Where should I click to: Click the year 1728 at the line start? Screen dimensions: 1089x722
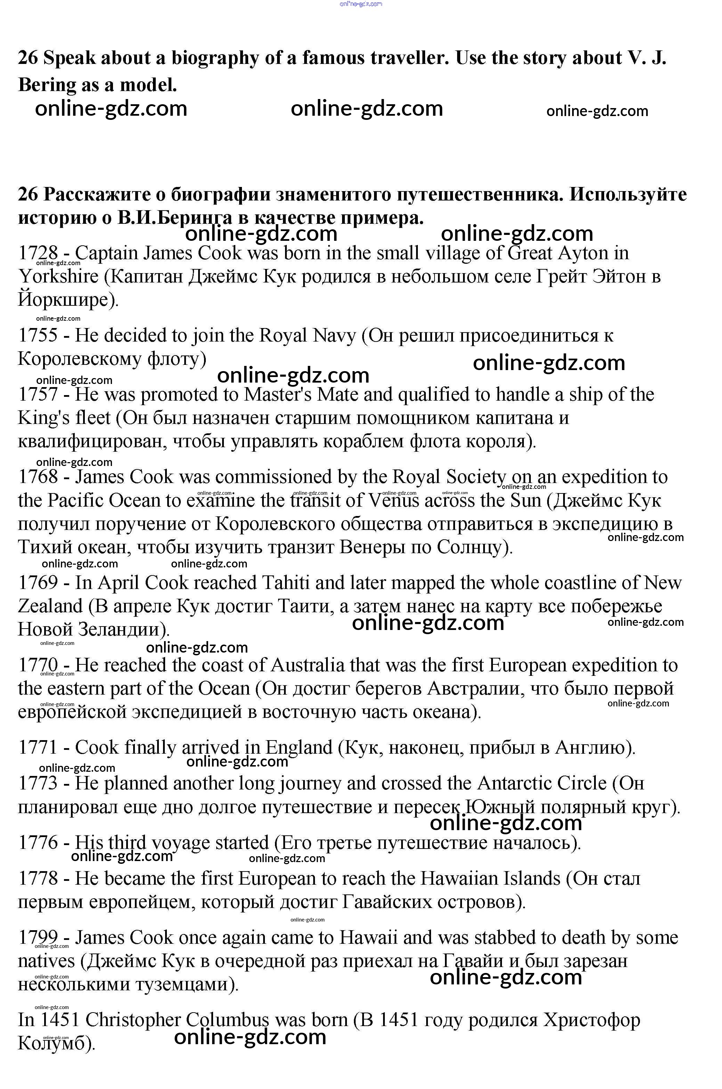point(38,253)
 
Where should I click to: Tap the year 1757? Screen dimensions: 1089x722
point(38,394)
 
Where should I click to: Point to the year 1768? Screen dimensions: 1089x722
point(38,477)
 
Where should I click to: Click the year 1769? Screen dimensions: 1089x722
point(38,583)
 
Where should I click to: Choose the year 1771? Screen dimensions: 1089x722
point(38,747)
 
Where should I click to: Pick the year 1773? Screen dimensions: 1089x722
point(38,783)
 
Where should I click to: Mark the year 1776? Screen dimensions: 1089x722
point(38,842)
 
